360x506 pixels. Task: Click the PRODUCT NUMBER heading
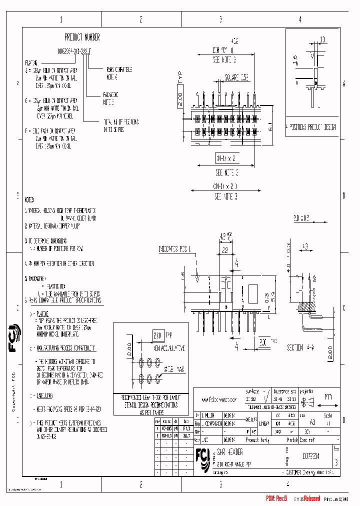tap(82, 37)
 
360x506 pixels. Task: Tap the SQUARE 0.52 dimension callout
tap(236, 78)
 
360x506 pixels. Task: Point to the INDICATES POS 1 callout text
tap(174, 248)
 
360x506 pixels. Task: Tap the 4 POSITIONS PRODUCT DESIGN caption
tap(311, 127)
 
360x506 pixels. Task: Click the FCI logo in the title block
tap(203, 458)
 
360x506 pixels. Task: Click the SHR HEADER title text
tap(231, 451)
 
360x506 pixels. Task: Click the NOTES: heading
tap(30, 198)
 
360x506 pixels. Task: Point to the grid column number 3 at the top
tap(220, 19)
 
